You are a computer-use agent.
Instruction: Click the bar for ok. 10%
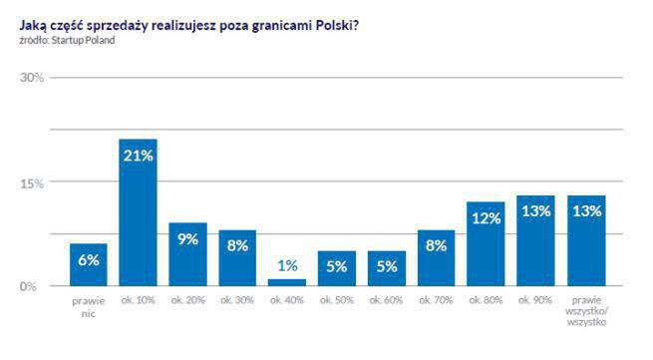pyautogui.click(x=138, y=214)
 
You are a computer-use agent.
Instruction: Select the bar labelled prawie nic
pyautogui.click(x=88, y=265)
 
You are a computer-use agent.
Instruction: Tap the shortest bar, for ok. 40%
pyautogui.click(x=287, y=282)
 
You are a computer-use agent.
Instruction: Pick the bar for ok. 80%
pyautogui.click(x=486, y=244)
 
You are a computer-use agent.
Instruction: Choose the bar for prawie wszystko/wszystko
pyautogui.click(x=586, y=241)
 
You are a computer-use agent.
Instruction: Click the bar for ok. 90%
pyautogui.click(x=535, y=241)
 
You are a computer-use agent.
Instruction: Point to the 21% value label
pyautogui.click(x=138, y=155)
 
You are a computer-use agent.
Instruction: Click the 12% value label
pyautogui.click(x=486, y=217)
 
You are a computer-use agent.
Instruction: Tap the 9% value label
pyautogui.click(x=187, y=238)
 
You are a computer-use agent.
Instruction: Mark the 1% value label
pyautogui.click(x=287, y=266)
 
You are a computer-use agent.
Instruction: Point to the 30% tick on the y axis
pyautogui.click(x=33, y=78)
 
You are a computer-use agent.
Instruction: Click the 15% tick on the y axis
pyautogui.click(x=33, y=182)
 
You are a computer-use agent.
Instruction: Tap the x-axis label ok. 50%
pyautogui.click(x=337, y=301)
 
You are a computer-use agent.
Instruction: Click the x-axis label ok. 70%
pyautogui.click(x=437, y=301)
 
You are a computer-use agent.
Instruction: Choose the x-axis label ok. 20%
pyautogui.click(x=187, y=301)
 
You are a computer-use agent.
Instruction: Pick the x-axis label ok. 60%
pyautogui.click(x=387, y=301)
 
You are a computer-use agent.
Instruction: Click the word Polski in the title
pyautogui.click(x=334, y=25)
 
